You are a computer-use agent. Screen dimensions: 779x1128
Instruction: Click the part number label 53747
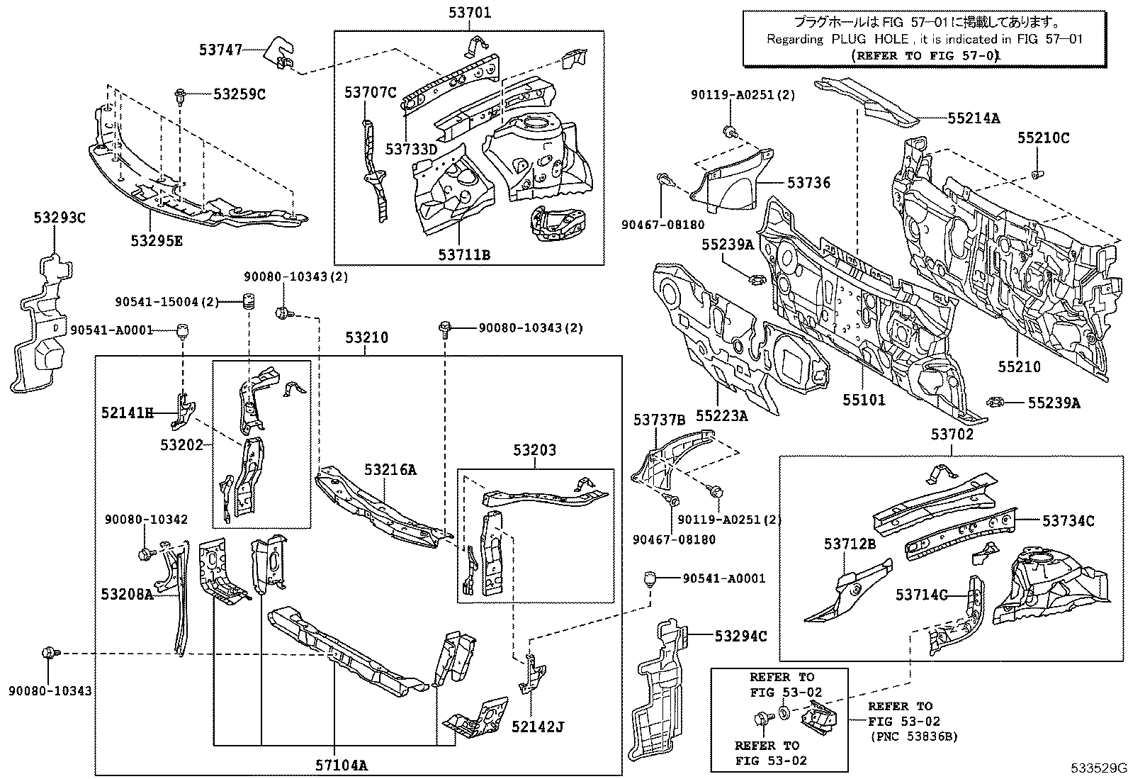coord(220,50)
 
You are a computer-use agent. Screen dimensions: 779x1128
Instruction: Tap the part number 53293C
coord(58,218)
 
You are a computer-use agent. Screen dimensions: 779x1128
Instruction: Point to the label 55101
coord(864,400)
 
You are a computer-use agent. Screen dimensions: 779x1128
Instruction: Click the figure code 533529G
coord(1098,768)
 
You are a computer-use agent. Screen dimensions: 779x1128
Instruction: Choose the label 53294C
coord(740,637)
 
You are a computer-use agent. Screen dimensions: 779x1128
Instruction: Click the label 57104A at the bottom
coord(342,765)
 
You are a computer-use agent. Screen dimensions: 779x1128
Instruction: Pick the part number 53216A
coord(390,469)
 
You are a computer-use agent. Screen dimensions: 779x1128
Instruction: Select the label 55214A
coord(973,118)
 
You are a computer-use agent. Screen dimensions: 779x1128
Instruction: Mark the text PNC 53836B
coord(913,737)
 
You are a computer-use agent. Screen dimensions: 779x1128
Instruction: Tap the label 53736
coord(808,183)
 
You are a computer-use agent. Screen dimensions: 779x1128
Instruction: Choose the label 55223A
coord(721,416)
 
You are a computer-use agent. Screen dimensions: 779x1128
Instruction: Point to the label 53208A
coord(126,594)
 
